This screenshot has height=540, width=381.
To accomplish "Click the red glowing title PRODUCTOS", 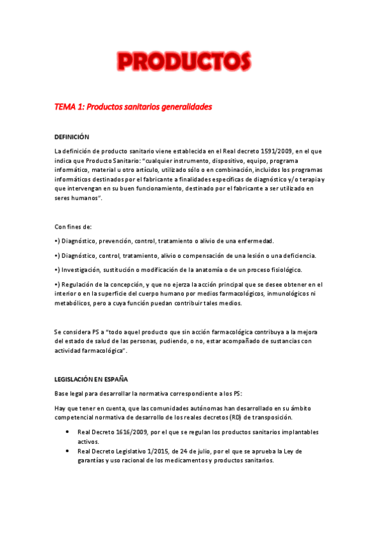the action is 183,62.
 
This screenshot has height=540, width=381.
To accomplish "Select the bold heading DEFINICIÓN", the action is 72,137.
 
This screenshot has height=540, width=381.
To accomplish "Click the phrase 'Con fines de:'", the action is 73,227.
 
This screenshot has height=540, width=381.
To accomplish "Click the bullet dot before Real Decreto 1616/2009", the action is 67,432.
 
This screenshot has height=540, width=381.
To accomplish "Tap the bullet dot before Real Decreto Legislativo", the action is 67,451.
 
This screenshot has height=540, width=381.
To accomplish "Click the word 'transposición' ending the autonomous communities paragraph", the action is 270,417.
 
